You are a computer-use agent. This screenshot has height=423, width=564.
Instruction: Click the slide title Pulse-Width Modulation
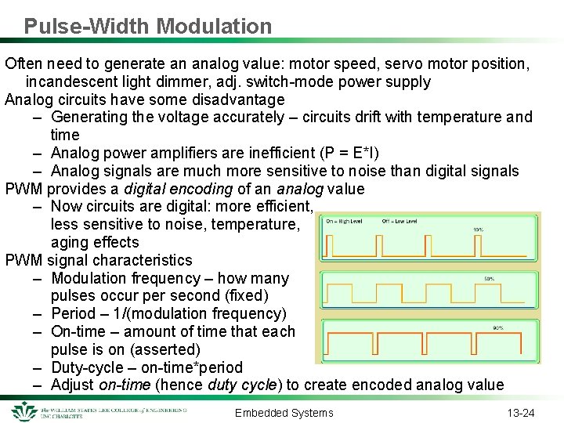[148, 26]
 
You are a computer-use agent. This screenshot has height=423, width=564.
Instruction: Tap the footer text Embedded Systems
[284, 413]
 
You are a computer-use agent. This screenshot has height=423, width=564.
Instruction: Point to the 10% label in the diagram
[478, 230]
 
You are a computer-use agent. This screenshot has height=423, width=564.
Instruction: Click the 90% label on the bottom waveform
[499, 328]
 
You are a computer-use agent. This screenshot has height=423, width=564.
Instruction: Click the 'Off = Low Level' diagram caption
[399, 221]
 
